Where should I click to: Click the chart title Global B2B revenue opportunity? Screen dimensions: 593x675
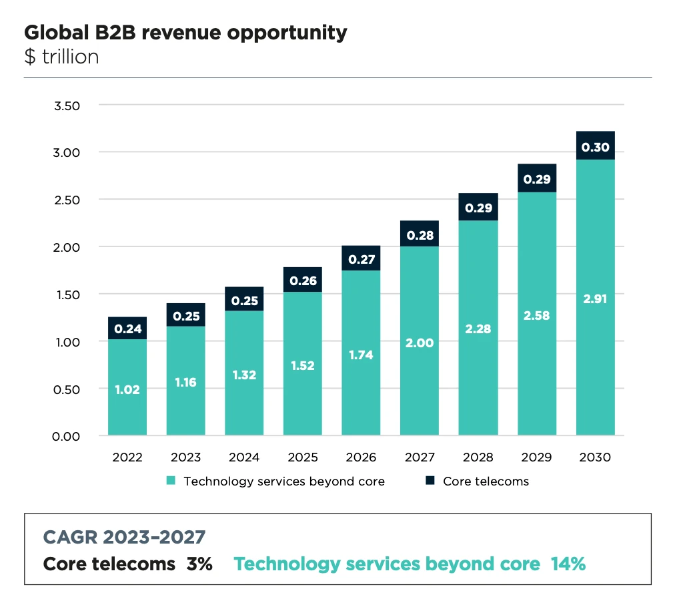click(x=185, y=33)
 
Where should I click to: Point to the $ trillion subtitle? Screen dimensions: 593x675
click(x=61, y=57)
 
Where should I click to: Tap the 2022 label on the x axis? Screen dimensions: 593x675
click(x=127, y=457)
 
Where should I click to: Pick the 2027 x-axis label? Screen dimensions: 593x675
click(x=420, y=457)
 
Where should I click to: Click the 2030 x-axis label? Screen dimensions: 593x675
click(x=596, y=457)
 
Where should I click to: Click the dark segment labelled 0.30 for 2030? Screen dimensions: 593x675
click(x=596, y=146)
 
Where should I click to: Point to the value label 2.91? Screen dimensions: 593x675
click(x=596, y=299)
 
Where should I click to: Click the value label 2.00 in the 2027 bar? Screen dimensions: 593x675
click(x=420, y=343)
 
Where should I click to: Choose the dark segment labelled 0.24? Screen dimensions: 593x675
click(x=127, y=328)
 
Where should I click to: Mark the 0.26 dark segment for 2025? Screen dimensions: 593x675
click(x=303, y=280)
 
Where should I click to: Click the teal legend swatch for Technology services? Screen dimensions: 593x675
click(x=171, y=481)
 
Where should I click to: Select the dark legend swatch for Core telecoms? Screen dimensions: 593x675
click(x=430, y=481)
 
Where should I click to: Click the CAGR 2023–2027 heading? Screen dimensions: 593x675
click(x=124, y=536)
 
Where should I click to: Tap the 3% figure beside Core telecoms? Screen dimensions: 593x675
click(x=199, y=564)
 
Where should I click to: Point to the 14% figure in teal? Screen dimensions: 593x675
click(x=568, y=564)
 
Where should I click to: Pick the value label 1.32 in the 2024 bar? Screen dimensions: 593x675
click(x=244, y=375)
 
